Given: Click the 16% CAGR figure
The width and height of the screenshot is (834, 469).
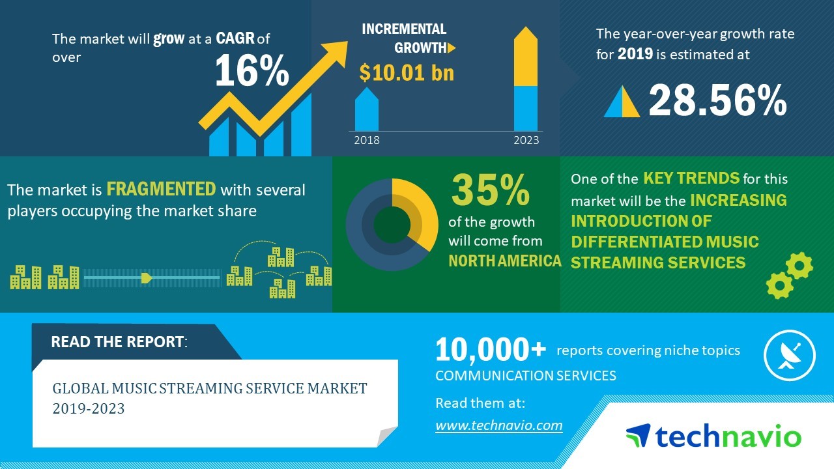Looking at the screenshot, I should (x=252, y=71).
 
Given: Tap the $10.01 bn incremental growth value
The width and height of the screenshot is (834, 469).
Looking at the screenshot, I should (x=407, y=72).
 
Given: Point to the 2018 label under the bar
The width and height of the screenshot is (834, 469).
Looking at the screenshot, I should (x=366, y=140).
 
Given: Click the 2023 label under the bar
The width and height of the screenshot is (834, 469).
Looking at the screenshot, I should (x=526, y=140).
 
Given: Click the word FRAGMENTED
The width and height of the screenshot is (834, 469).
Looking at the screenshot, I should (x=161, y=190).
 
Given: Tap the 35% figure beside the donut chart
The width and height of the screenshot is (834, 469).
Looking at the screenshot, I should (x=490, y=190).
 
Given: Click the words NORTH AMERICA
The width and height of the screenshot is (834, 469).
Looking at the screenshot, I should (x=505, y=261).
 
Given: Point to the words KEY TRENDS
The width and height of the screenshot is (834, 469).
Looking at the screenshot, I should (x=691, y=178).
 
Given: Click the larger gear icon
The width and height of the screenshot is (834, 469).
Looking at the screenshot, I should (x=799, y=265).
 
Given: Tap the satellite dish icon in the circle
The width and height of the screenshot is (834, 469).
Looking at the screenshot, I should (x=789, y=355).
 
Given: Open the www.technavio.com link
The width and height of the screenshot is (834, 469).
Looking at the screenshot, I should (x=498, y=425).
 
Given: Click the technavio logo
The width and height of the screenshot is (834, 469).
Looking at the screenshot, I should (x=713, y=436).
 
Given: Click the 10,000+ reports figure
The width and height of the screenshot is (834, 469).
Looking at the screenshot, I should (x=491, y=350).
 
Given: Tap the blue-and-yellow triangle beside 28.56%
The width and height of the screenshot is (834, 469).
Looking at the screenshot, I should (x=622, y=102).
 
